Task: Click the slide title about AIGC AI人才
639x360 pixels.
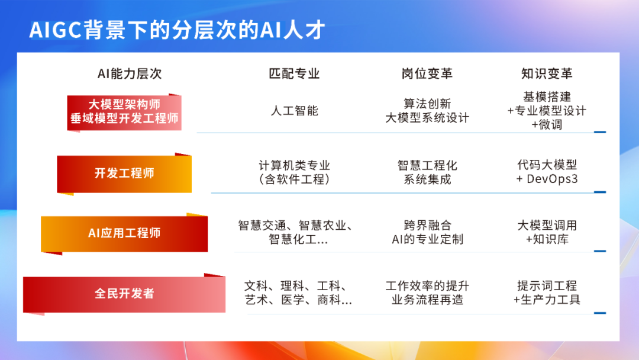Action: click(177, 30)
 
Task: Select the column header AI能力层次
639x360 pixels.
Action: click(130, 73)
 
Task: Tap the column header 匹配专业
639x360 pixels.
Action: click(294, 73)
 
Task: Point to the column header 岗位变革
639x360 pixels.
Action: click(427, 73)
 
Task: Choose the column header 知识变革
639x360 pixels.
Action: click(547, 73)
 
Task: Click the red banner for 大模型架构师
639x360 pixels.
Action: click(124, 111)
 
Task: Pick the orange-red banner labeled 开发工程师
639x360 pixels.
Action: click(124, 173)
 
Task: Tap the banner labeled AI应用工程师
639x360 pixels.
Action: click(124, 233)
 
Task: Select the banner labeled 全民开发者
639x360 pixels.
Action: click(124, 293)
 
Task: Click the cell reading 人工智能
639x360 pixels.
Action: click(294, 111)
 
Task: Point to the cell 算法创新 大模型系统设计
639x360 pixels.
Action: click(427, 111)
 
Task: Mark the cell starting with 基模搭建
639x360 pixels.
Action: click(547, 111)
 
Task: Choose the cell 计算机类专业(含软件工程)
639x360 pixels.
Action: click(294, 172)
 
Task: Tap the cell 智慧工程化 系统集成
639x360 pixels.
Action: click(427, 172)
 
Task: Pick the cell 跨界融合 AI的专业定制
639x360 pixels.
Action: click(427, 233)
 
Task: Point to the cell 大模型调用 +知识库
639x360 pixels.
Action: click(547, 233)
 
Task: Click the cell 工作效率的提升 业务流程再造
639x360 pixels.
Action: click(427, 293)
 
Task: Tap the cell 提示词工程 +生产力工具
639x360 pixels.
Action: click(547, 293)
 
